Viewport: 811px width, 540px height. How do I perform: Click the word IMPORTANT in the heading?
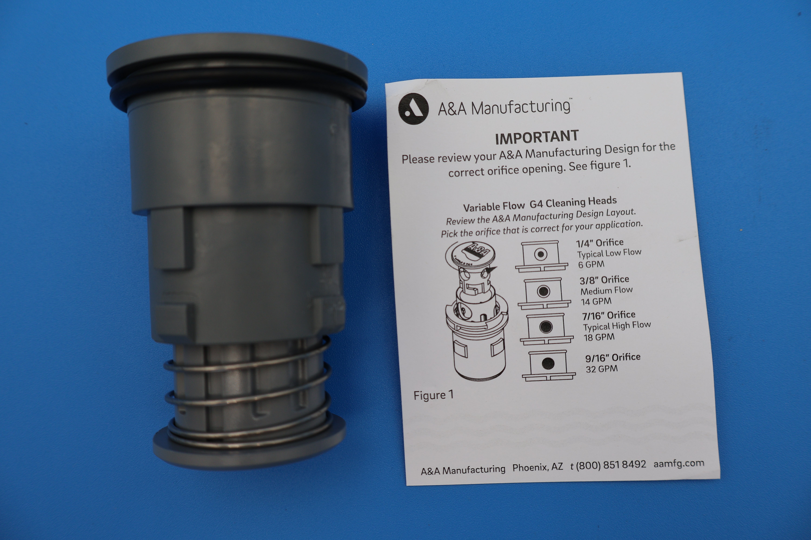tap(537, 137)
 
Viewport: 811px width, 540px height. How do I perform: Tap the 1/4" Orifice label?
tap(600, 243)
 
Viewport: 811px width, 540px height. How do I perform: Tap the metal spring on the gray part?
tap(247, 393)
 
